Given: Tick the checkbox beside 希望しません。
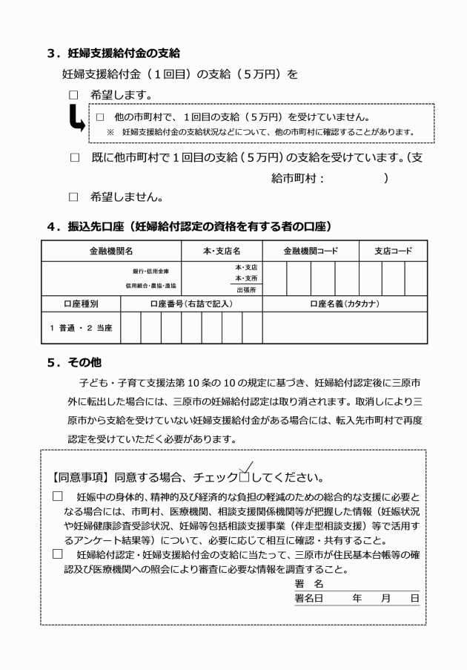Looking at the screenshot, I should tap(73, 197).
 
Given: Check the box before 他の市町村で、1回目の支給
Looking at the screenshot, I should tap(100, 117).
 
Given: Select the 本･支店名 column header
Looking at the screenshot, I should tap(222, 251).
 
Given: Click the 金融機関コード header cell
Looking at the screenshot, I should tap(311, 251).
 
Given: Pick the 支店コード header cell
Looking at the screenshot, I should tap(392, 251).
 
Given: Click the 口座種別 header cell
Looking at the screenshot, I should tap(80, 303).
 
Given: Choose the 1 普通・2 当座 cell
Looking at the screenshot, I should tap(80, 327).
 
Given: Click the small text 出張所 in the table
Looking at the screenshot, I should tap(246, 289).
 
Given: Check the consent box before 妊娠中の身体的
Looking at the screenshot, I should tap(58, 495).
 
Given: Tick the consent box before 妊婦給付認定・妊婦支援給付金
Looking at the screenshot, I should tap(58, 554).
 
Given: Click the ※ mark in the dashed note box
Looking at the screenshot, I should tap(110, 132).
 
